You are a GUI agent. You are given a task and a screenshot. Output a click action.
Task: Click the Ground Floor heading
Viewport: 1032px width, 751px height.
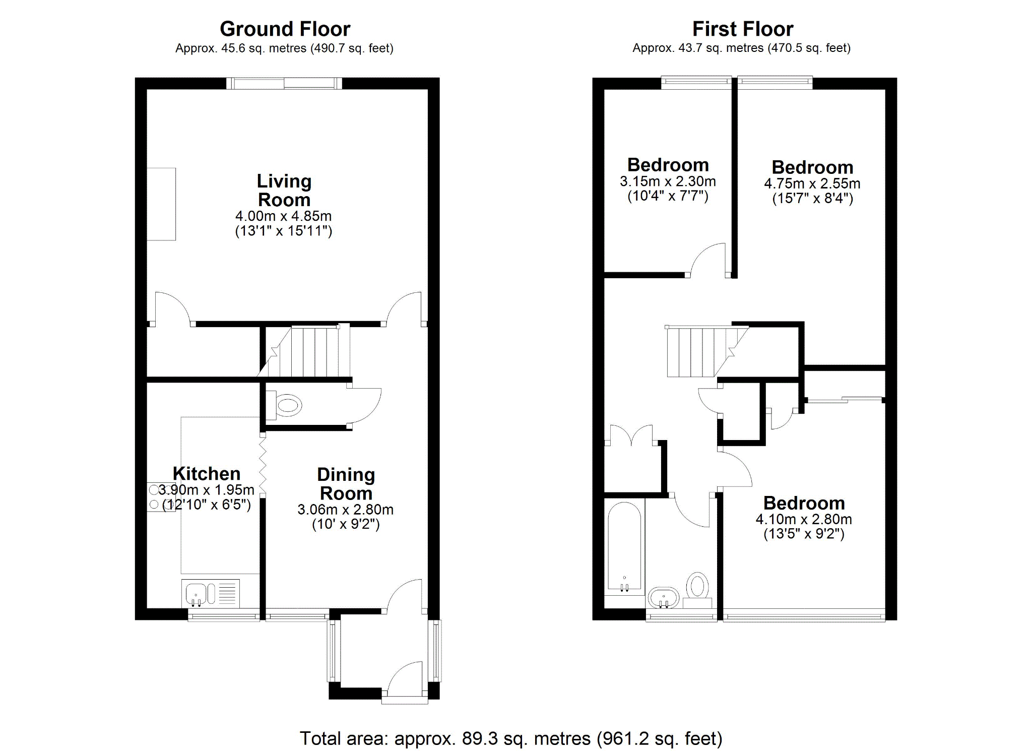click(285, 29)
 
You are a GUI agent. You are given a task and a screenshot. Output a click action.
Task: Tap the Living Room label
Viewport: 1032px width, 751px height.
click(284, 191)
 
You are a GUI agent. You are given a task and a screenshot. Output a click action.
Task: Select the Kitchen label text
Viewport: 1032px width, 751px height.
click(206, 474)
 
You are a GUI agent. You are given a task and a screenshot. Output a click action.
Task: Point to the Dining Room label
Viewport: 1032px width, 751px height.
click(346, 484)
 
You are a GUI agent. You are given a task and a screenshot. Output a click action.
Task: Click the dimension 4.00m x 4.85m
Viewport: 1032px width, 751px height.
click(283, 216)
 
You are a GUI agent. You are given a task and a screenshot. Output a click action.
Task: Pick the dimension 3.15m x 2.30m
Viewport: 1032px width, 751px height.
click(668, 181)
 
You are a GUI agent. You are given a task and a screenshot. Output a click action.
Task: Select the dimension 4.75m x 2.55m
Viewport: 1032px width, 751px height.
click(812, 183)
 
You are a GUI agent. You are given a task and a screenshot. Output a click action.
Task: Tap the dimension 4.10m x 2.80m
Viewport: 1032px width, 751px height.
click(804, 519)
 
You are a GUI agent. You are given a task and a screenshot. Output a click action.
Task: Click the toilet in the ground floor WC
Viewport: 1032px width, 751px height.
click(286, 405)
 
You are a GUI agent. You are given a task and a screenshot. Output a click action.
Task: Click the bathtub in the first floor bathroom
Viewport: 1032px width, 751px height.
click(624, 547)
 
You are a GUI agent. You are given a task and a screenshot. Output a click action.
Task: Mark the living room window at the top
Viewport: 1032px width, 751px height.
click(284, 83)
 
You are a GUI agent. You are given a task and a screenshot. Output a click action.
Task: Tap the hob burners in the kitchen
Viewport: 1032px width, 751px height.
click(155, 497)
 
